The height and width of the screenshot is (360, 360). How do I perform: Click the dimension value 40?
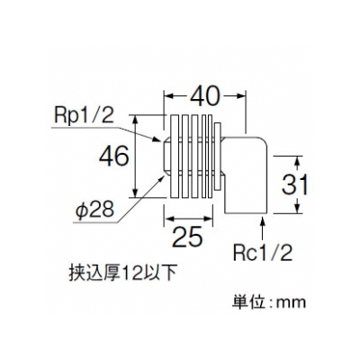click(205, 96)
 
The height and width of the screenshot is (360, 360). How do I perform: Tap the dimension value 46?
click(114, 157)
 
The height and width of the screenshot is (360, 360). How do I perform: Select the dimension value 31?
click(294, 184)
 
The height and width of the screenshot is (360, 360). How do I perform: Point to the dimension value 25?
click(188, 237)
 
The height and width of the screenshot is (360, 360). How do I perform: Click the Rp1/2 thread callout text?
click(85, 116)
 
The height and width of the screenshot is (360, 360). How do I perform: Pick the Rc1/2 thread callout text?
click(263, 253)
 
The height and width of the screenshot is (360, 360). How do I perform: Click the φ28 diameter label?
click(94, 209)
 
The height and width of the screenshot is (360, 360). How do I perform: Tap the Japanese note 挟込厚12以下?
click(121, 274)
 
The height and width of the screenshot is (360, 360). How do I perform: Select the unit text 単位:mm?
click(269, 301)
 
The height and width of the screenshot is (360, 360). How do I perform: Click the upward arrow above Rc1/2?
click(263, 229)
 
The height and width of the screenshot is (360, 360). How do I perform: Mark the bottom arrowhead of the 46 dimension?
click(136, 193)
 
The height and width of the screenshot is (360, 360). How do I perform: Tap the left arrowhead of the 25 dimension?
click(169, 219)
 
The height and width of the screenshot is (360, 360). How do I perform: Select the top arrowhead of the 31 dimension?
click(297, 161)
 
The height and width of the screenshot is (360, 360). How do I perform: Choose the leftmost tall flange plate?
click(175, 157)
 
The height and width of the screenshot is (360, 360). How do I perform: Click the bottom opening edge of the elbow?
click(246, 213)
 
